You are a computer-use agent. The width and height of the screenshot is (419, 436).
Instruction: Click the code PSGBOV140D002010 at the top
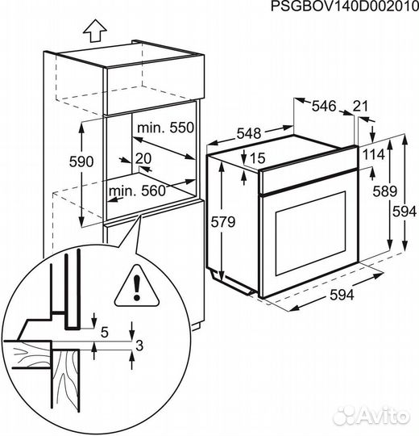(x=344, y=7)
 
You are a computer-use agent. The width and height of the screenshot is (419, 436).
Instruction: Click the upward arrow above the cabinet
(x=95, y=31)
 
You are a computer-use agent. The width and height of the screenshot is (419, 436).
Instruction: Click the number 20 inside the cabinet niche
(x=143, y=158)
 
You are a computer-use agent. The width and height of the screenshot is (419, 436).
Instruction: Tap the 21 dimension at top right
(x=362, y=105)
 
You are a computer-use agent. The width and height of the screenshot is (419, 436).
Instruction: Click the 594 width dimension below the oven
(x=342, y=295)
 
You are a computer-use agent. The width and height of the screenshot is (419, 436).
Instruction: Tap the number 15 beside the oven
(x=257, y=157)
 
